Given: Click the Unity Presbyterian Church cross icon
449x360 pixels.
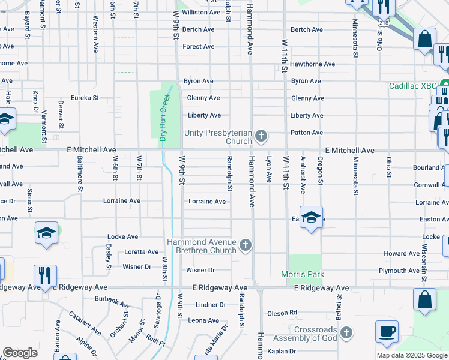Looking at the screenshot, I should [261, 136].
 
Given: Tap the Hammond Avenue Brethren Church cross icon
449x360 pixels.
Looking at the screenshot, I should [245, 245].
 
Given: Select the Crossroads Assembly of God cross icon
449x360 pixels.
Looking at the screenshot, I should [345, 332].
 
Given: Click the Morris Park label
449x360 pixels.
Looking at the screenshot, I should [303, 274].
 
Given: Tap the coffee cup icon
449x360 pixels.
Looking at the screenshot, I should [387, 332].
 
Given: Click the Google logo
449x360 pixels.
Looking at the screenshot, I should [20, 353].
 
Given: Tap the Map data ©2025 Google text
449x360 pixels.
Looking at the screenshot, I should [411, 355].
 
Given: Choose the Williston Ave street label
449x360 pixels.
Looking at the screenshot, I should [201, 12].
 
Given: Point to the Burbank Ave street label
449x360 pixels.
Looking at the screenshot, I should [112, 299].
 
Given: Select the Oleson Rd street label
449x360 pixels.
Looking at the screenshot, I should [282, 313].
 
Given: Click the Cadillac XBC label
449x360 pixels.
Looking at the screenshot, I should [412, 86].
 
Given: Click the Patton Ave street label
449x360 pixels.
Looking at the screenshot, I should [307, 133].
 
